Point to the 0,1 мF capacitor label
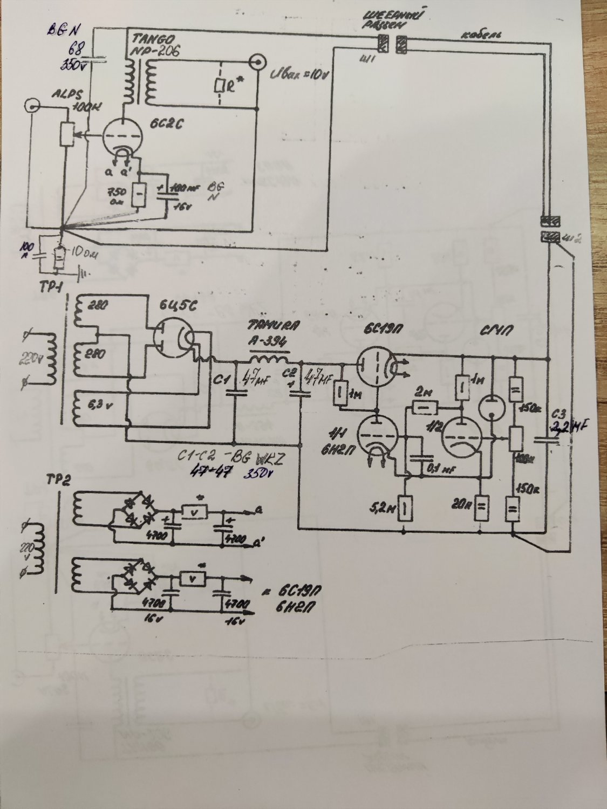(x=439, y=469)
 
